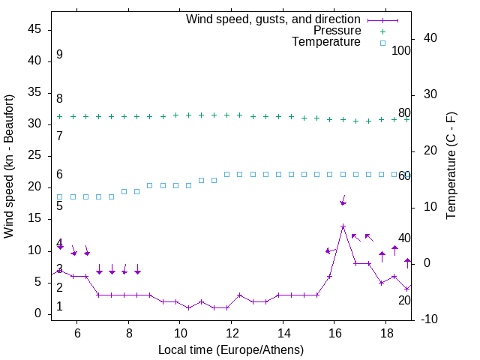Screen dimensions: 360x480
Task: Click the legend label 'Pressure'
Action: pyautogui.click(x=337, y=31)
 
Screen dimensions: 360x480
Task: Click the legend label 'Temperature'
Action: pyautogui.click(x=326, y=43)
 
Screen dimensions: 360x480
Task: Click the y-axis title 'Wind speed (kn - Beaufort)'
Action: pyautogui.click(x=9, y=166)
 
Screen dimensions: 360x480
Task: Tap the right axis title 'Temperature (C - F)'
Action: pyautogui.click(x=451, y=165)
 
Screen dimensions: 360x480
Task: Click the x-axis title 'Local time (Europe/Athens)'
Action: pyautogui.click(x=231, y=350)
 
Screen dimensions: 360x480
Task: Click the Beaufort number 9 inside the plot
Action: pyautogui.click(x=59, y=55)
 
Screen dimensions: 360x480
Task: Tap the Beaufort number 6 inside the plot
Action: pyautogui.click(x=59, y=175)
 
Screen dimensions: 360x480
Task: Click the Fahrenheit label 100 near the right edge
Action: pyautogui.click(x=401, y=51)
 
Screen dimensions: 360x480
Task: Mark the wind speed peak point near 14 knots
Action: pyautogui.click(x=343, y=226)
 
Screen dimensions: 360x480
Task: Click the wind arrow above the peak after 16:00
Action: pyautogui.click(x=343, y=200)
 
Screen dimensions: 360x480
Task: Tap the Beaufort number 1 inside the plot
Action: pyautogui.click(x=59, y=307)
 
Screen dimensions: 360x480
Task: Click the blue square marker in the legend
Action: pyautogui.click(x=382, y=43)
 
